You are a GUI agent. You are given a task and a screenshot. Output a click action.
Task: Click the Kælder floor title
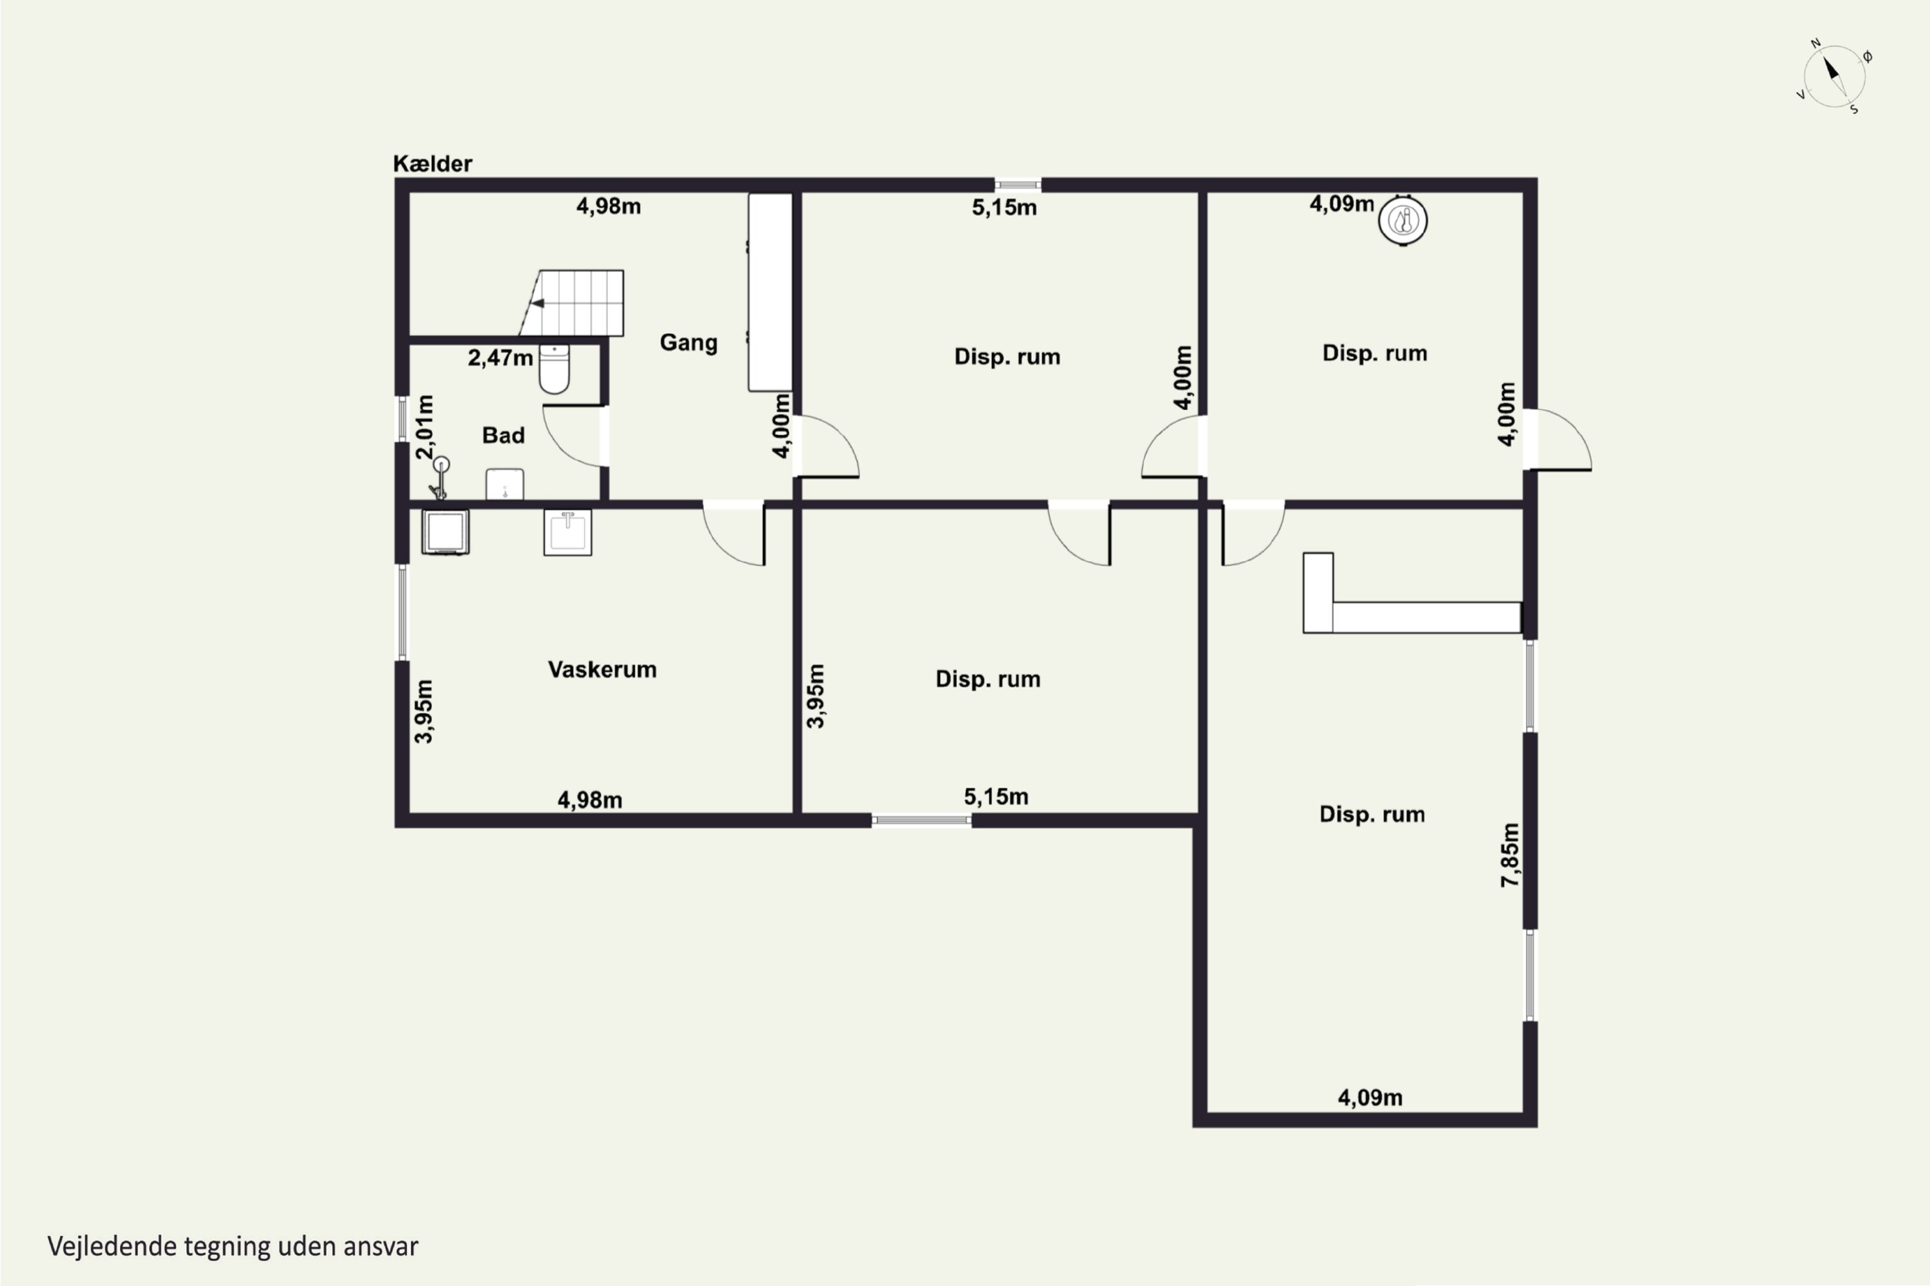point(432,163)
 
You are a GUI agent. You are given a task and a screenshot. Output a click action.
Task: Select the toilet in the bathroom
point(555,369)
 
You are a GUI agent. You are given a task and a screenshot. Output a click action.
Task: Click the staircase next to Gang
point(572,303)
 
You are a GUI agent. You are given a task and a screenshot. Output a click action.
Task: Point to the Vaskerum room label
point(602,669)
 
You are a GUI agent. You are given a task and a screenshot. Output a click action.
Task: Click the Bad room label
point(503,435)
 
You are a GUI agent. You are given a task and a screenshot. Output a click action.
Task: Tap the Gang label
point(688,342)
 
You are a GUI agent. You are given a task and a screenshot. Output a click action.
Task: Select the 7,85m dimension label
point(1510,855)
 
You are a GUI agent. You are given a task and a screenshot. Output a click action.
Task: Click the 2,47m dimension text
point(501,358)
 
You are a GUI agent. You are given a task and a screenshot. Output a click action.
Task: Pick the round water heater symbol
point(1402,220)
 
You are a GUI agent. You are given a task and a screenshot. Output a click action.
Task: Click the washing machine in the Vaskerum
point(446,532)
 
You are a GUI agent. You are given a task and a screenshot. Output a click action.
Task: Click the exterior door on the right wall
point(1558,440)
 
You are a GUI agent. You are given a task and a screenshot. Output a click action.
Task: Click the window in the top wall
point(1018,185)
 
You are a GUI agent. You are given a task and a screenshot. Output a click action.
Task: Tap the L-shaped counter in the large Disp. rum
point(1412,593)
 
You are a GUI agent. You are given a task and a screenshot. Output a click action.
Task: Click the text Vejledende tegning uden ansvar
point(233,1247)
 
